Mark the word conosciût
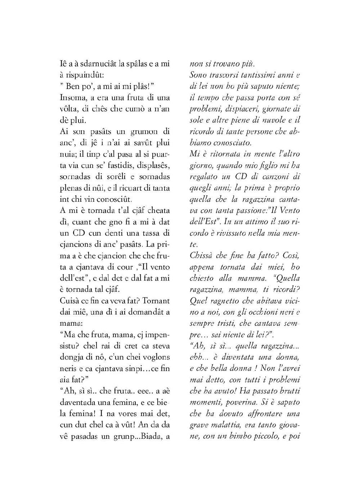[114, 199]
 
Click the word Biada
[150, 436]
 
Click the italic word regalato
[204, 177]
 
